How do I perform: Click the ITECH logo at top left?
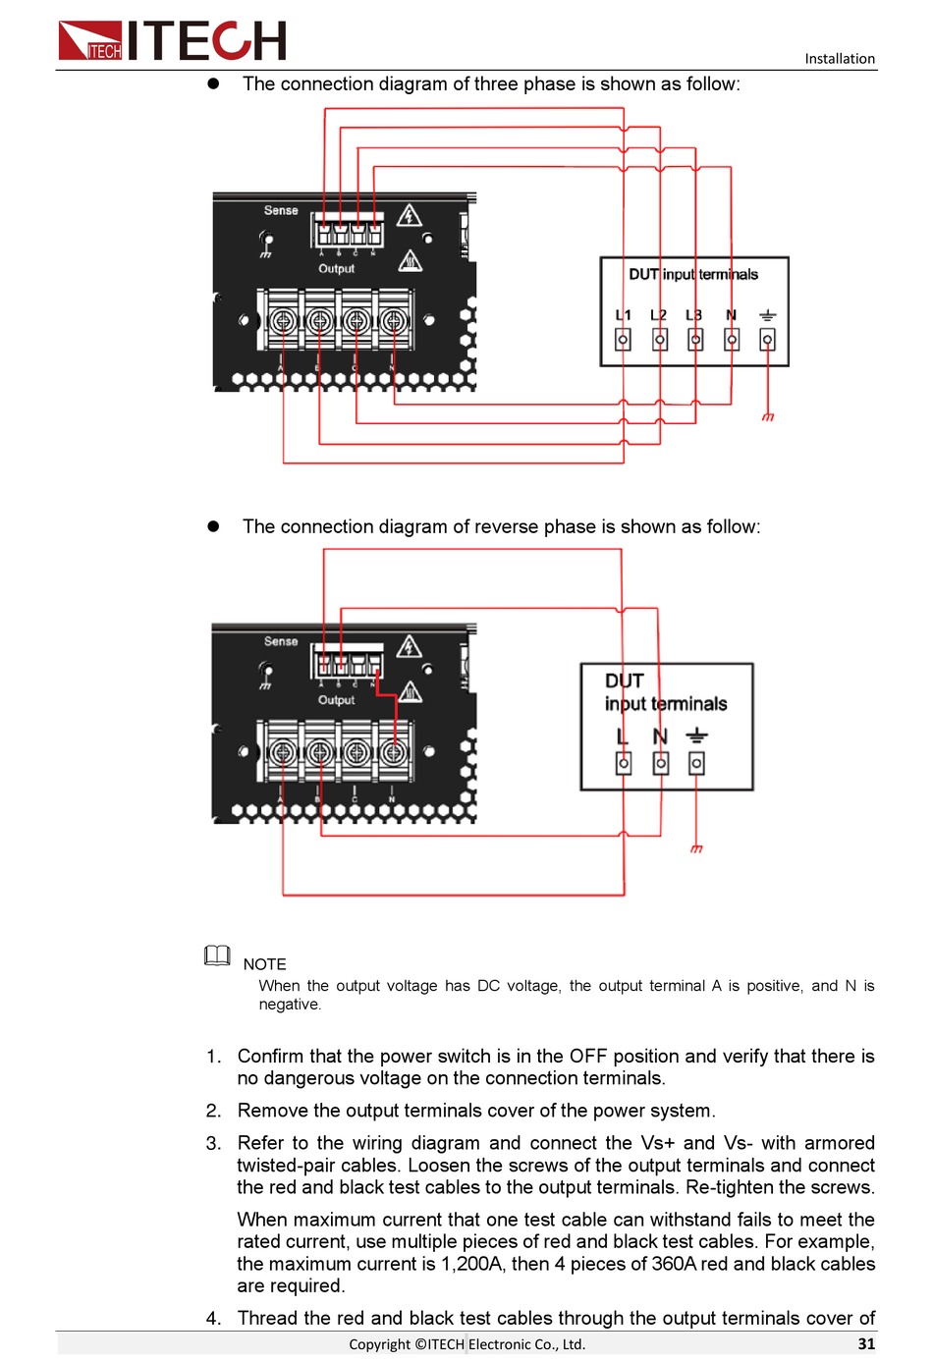coord(172,41)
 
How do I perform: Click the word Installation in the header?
coord(839,59)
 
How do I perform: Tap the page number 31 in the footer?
coord(865,1343)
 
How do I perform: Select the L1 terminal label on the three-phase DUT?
coord(623,315)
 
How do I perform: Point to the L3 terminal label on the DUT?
coord(693,315)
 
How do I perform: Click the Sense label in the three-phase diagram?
coord(281,210)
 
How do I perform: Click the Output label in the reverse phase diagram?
coord(336,700)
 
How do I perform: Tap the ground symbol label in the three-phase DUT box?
coord(767,315)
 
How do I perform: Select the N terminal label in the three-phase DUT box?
coord(731,315)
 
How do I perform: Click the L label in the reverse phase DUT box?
coord(622,736)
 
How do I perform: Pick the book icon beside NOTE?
coord(217,955)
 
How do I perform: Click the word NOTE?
coord(264,964)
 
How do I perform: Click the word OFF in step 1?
coord(587,1056)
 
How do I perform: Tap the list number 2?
coord(213,1111)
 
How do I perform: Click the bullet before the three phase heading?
coord(213,84)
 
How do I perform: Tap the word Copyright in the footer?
coord(379,1344)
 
